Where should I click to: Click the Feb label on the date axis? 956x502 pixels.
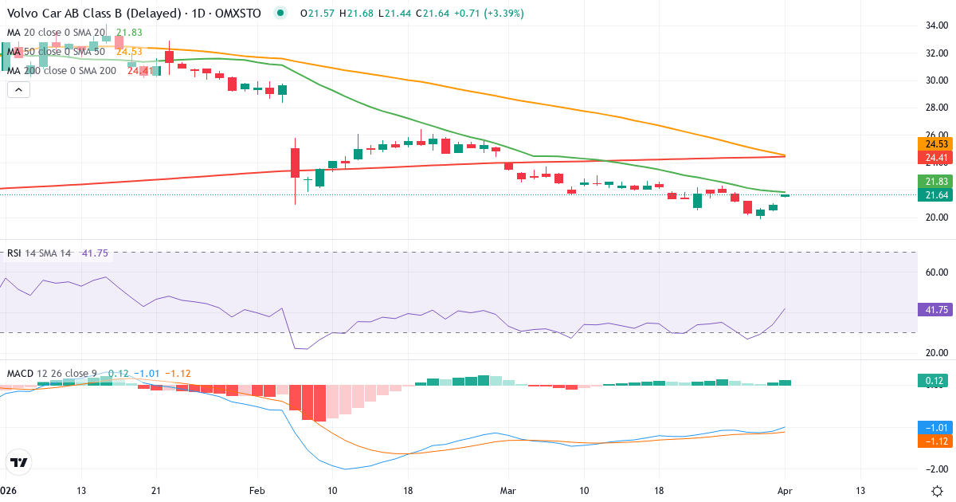pos(257,491)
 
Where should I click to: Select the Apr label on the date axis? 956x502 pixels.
pos(786,491)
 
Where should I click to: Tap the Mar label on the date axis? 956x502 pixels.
pos(508,491)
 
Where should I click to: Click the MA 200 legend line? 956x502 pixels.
pos(61,70)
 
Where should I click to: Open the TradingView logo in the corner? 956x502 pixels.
pos(18,462)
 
